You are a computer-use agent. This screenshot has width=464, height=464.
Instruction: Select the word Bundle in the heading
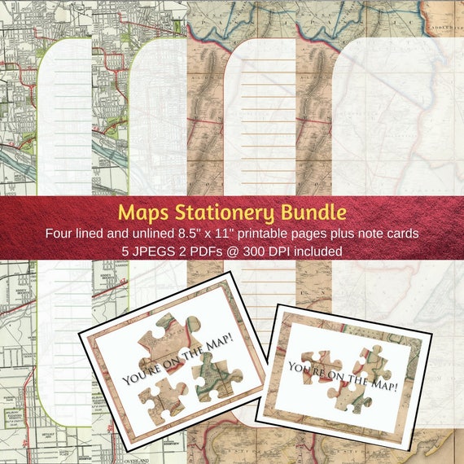[x=312, y=213]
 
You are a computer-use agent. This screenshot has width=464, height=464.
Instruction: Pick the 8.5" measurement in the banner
[x=196, y=234]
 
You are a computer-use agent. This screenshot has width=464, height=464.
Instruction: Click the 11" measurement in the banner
[x=233, y=234]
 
